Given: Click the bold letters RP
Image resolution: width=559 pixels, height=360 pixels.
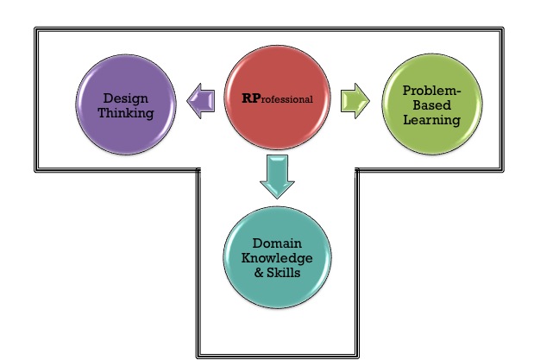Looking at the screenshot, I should [x=250, y=98].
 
